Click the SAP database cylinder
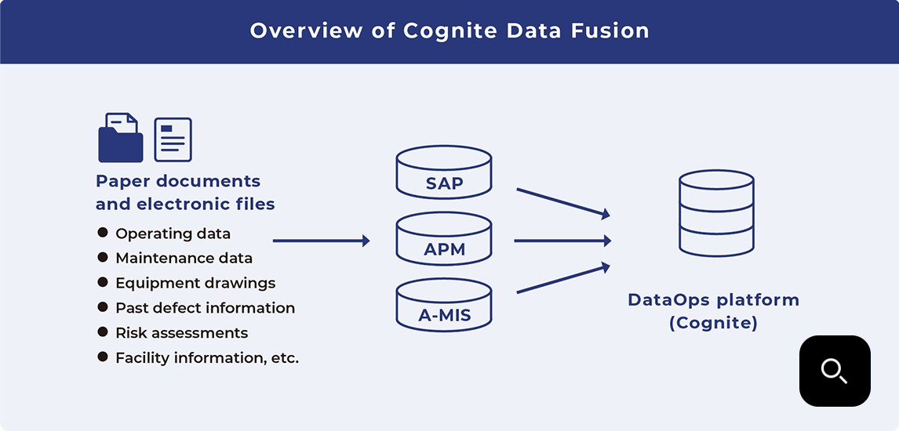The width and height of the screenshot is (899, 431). point(444,172)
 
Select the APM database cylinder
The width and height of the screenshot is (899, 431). point(444,239)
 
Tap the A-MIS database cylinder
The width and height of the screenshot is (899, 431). point(444,306)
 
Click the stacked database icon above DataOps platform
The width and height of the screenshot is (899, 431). point(716,213)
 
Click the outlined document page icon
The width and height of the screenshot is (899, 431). point(173,139)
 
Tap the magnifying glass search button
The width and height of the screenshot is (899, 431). point(835,371)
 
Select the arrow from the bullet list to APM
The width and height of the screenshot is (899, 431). point(321,241)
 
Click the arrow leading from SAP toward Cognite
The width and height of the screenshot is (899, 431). point(562,201)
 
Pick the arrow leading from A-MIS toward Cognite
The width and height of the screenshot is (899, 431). point(562,279)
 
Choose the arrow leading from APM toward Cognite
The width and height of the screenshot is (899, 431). point(562,241)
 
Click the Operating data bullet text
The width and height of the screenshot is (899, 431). point(173,234)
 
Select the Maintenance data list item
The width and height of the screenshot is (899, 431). point(184,258)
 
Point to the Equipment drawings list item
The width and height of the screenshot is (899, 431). point(195,283)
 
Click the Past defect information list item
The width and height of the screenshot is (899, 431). point(205,308)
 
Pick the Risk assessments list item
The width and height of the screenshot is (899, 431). point(181,333)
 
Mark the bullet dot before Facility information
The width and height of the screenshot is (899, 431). point(103,357)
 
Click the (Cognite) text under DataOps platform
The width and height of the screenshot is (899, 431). point(713,323)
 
